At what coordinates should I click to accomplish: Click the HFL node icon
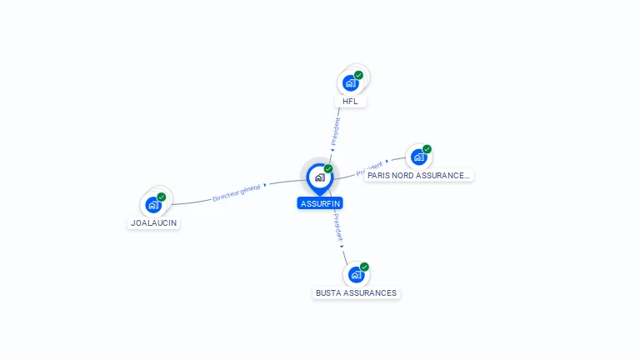point(351,82)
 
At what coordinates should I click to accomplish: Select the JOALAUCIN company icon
point(153,204)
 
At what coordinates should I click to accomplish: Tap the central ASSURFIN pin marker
point(319,177)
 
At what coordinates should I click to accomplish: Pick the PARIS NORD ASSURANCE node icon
point(418,157)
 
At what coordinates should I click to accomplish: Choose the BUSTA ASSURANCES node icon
point(356,274)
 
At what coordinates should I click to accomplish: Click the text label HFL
point(350,102)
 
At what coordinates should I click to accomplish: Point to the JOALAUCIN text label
point(154,223)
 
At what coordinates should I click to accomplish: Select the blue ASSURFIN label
point(320,203)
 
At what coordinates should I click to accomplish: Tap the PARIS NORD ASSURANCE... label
point(418,176)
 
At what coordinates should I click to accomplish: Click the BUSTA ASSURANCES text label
point(357,293)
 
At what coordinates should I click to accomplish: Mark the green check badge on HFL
point(359,75)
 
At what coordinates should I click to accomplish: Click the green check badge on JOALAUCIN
point(162,197)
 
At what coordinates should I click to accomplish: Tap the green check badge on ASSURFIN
point(328,168)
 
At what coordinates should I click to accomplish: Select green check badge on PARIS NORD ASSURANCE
point(427,149)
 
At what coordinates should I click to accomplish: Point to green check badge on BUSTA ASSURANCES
point(364,267)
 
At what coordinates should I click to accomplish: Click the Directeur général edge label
point(237,193)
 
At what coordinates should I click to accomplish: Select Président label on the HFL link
point(336,131)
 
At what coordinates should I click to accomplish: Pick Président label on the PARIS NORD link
point(369,169)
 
